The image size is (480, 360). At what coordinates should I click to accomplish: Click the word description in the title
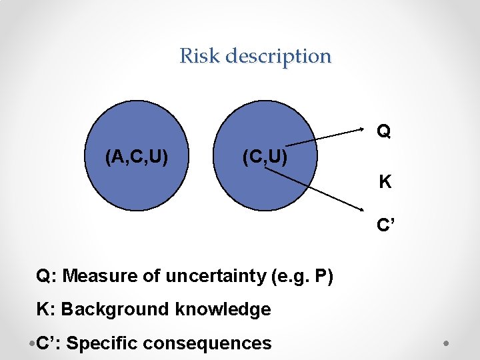[278, 56]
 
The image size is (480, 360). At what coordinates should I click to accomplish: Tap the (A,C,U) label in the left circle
[136, 157]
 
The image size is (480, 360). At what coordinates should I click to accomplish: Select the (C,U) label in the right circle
[265, 157]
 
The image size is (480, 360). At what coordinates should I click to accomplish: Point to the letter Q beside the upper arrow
[383, 131]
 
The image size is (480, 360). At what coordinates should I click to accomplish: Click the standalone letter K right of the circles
[385, 181]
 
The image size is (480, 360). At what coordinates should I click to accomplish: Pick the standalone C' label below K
[385, 225]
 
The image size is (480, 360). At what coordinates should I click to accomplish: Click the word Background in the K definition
[115, 309]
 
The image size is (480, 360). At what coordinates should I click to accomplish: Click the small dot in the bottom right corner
[447, 344]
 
